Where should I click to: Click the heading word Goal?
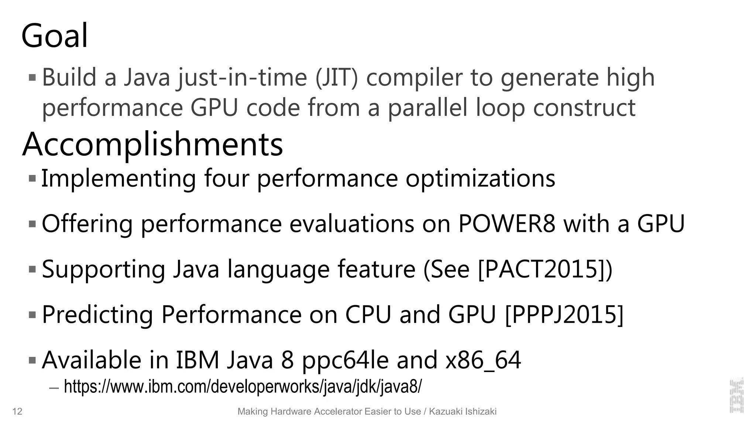point(55,36)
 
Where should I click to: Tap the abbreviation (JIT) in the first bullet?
point(337,78)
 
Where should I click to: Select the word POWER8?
point(506,224)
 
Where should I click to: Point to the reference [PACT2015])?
point(545,269)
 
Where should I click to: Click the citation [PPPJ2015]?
point(564,315)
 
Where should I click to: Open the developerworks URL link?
point(243,387)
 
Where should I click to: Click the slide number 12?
point(17,412)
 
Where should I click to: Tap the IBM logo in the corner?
point(736,395)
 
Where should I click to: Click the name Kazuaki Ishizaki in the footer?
point(463,412)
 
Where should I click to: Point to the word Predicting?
point(97,315)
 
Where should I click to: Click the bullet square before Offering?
point(32,224)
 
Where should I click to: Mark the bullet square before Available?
point(32,360)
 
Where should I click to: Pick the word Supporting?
point(103,269)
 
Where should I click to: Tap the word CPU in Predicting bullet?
point(368,315)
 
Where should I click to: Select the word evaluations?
point(352,224)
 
